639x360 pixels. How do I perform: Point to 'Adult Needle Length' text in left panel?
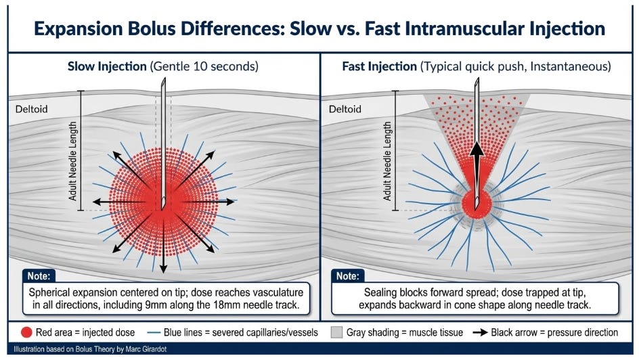point(73,160)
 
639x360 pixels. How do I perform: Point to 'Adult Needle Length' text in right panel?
point(388,160)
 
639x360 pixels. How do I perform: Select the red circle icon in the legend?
point(27,332)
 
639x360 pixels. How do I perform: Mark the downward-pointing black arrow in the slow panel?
point(163,261)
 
